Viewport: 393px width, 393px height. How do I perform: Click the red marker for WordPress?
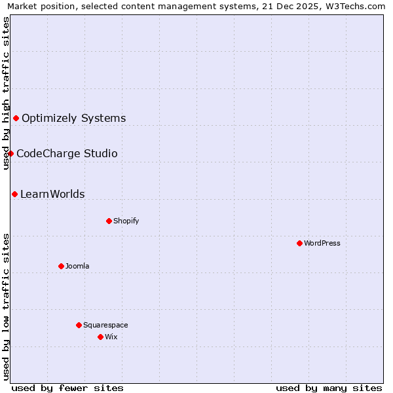click(299, 243)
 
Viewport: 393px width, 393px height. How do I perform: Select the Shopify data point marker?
click(109, 221)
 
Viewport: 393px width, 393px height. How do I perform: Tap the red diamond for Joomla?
click(61, 266)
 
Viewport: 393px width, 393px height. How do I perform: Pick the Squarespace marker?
click(79, 325)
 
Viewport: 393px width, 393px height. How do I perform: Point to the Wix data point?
click(100, 337)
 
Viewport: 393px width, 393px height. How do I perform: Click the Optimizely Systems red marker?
click(16, 118)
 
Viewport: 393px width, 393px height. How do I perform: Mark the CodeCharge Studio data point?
click(10, 153)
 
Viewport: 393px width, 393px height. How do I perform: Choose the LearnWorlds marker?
click(14, 194)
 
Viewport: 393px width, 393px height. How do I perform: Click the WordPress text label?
click(322, 243)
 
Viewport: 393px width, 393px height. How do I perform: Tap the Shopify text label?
click(126, 221)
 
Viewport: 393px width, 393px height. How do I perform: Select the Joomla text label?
click(77, 266)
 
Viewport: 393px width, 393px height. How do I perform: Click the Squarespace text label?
click(105, 325)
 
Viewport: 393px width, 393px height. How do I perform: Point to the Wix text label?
click(111, 337)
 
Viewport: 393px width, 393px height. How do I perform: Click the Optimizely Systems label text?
click(74, 119)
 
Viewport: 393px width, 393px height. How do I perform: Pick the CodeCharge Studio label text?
click(67, 154)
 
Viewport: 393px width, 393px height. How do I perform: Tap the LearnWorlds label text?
click(52, 195)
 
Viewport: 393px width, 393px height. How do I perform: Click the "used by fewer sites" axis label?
click(67, 388)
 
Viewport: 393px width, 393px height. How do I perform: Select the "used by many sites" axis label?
click(329, 388)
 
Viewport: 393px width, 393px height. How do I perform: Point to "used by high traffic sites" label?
click(6, 93)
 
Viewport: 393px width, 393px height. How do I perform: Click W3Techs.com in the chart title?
click(356, 6)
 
